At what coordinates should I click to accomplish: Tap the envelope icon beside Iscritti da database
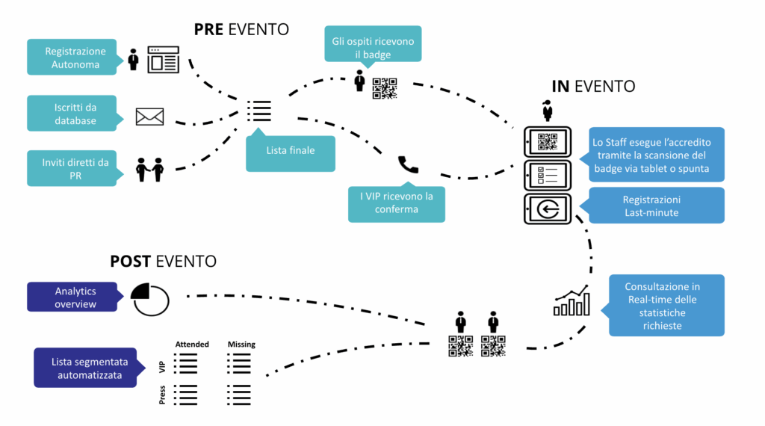tap(149, 116)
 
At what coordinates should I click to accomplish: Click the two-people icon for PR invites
tap(149, 170)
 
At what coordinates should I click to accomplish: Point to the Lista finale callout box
tap(291, 150)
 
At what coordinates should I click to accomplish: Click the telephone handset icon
tap(408, 164)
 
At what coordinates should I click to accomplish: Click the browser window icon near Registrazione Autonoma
tap(164, 59)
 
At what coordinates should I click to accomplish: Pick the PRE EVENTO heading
tap(241, 29)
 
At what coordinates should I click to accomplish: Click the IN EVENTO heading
tap(593, 86)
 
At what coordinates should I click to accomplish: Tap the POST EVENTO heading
tap(163, 262)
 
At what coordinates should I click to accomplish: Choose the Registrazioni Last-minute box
tap(656, 206)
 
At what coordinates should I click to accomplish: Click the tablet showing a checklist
tap(547, 175)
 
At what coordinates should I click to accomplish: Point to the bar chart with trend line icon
tap(572, 300)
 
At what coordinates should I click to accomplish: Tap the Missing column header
tap(241, 345)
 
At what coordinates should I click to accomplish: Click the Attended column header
tap(192, 345)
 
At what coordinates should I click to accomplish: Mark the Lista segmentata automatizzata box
tap(86, 368)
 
